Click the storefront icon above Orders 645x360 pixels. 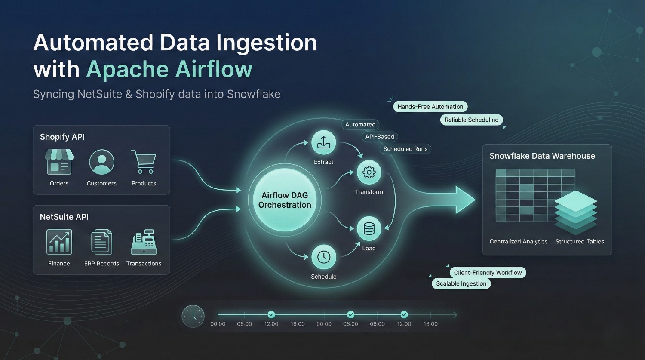pos(59,162)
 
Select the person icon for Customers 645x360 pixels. pos(101,162)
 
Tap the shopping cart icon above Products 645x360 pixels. pos(144,162)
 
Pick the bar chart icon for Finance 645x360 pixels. pos(59,242)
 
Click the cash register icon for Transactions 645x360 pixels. pos(144,242)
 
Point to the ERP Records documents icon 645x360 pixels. pos(101,242)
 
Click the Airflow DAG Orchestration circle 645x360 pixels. pos(285,200)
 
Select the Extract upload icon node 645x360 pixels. pos(323,143)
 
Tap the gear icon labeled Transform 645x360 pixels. pos(369,172)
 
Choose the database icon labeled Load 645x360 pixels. pos(369,229)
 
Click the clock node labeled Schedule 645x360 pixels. pos(323,257)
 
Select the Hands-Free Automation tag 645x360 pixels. pos(430,107)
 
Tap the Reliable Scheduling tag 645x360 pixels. pos(471,120)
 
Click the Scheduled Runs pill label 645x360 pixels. pos(405,149)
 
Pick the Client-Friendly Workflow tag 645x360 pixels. pos(488,273)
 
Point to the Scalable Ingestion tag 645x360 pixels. pos(461,283)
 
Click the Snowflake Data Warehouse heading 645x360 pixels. pos(542,156)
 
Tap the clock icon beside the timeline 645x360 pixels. pos(193,316)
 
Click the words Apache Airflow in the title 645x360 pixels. pos(169,69)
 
